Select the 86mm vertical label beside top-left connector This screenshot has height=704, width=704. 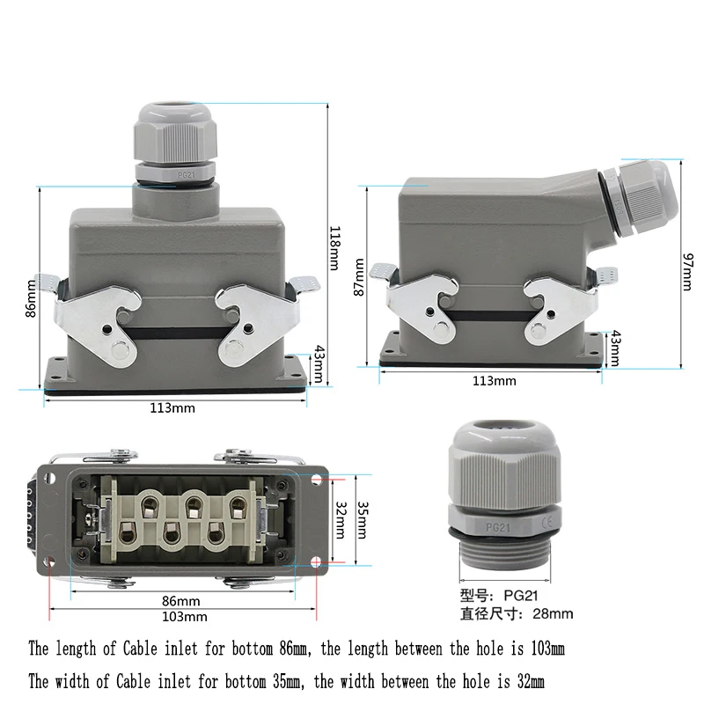point(33,297)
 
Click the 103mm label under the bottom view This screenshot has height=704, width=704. point(186,616)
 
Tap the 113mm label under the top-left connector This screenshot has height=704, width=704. point(172,407)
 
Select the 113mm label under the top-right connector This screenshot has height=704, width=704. point(495,380)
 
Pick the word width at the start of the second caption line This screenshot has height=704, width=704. point(79,681)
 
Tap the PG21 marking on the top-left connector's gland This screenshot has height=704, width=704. point(185,175)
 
